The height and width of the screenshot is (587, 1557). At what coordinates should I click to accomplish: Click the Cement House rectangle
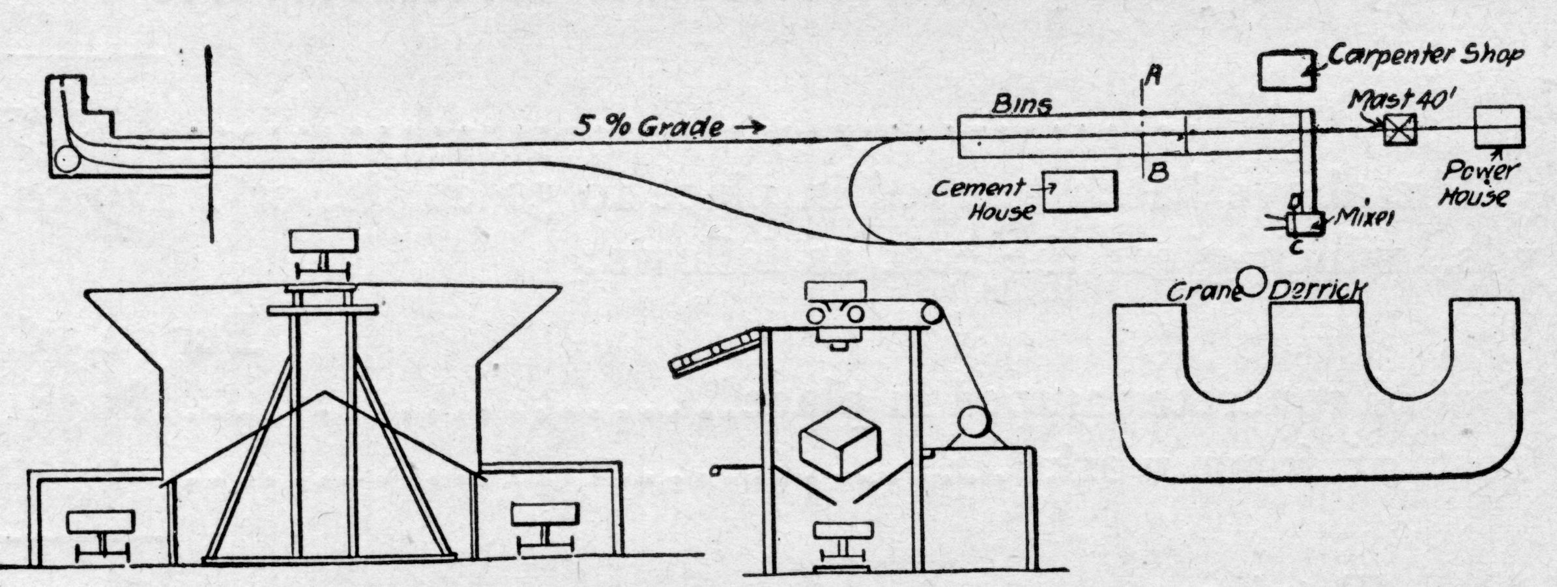pyautogui.click(x=1080, y=191)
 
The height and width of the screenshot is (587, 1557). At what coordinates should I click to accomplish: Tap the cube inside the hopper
pyautogui.click(x=839, y=442)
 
